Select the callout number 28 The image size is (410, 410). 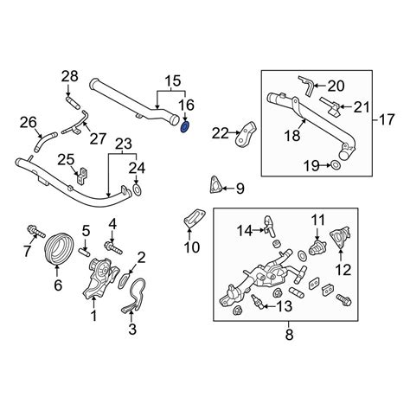pyautogui.click(x=69, y=79)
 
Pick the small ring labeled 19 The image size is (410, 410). pyautogui.click(x=335, y=164)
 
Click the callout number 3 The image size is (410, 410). pyautogui.click(x=132, y=328)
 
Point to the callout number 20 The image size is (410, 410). pyautogui.click(x=335, y=85)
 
